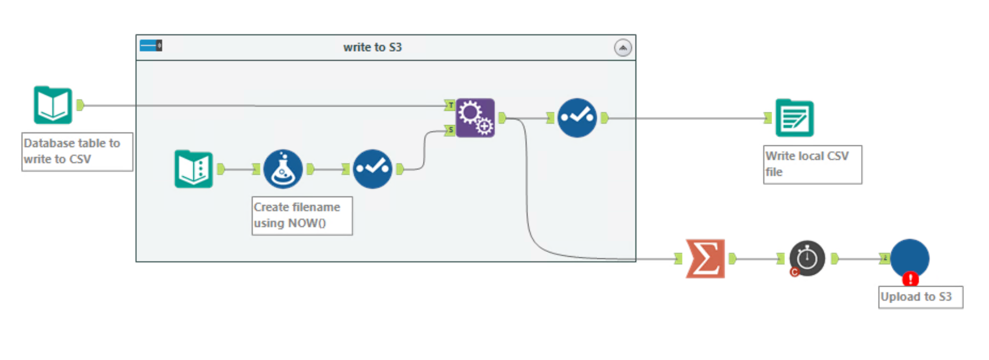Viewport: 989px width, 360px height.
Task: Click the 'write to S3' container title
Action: (372, 47)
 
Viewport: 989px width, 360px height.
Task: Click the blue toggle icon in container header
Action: (151, 46)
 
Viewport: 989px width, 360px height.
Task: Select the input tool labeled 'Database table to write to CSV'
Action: (53, 105)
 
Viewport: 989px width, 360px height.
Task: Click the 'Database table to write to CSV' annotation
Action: (77, 152)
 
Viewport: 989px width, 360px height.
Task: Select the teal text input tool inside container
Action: (194, 169)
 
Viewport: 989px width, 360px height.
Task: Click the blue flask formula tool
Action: (283, 169)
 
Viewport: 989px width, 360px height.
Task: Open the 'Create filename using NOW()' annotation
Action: (302, 216)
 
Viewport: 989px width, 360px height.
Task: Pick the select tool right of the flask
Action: (372, 169)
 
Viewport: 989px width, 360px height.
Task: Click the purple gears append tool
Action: (476, 118)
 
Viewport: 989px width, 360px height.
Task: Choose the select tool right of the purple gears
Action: (577, 118)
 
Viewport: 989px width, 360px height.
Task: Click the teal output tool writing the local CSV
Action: (794, 118)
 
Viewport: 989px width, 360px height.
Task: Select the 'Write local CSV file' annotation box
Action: (812, 164)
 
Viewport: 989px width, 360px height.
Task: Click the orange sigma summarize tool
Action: (705, 259)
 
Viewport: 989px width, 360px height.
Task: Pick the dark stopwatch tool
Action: (807, 259)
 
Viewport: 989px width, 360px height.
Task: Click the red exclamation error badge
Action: (910, 279)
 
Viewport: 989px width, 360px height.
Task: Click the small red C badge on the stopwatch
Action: (794, 272)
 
